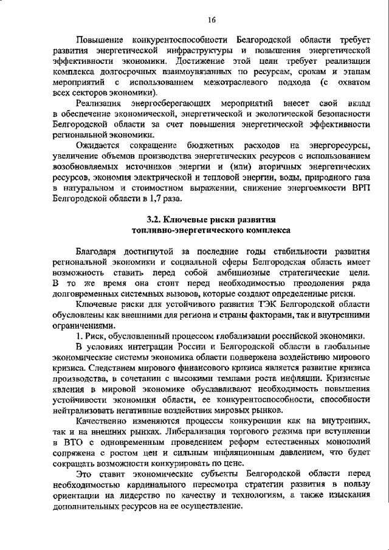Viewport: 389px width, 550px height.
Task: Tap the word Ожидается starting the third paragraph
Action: (98, 145)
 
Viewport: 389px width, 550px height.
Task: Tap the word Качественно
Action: (103, 421)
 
